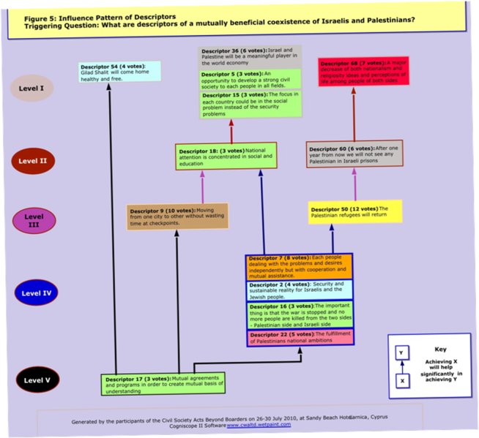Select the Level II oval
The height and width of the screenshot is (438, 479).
click(x=34, y=160)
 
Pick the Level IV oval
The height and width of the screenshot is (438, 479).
click(x=36, y=293)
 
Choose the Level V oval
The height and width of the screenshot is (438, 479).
click(x=37, y=380)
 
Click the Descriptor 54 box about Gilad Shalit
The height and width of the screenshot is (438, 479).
click(x=119, y=72)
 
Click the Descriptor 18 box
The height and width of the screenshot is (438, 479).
click(x=226, y=155)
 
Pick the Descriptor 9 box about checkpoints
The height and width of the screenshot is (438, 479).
click(x=177, y=216)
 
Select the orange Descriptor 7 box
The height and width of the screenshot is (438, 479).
click(x=299, y=266)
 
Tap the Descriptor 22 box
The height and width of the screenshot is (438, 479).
click(x=300, y=337)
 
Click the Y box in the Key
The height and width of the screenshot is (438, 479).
click(x=401, y=353)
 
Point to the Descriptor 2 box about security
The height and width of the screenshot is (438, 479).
click(x=299, y=289)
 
